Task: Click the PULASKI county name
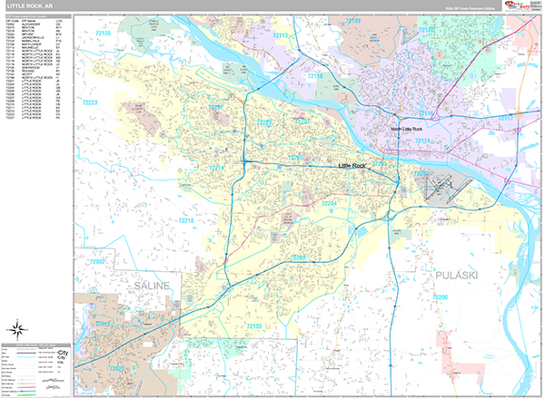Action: click(469, 271)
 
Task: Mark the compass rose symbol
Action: click(16, 329)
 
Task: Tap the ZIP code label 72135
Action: click(104, 34)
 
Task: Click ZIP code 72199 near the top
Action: click(352, 21)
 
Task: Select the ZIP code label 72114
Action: click(423, 141)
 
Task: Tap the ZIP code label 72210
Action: click(186, 220)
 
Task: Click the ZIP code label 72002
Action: click(97, 262)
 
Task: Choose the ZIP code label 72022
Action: click(117, 368)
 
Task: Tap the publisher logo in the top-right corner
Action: click(523, 6)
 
